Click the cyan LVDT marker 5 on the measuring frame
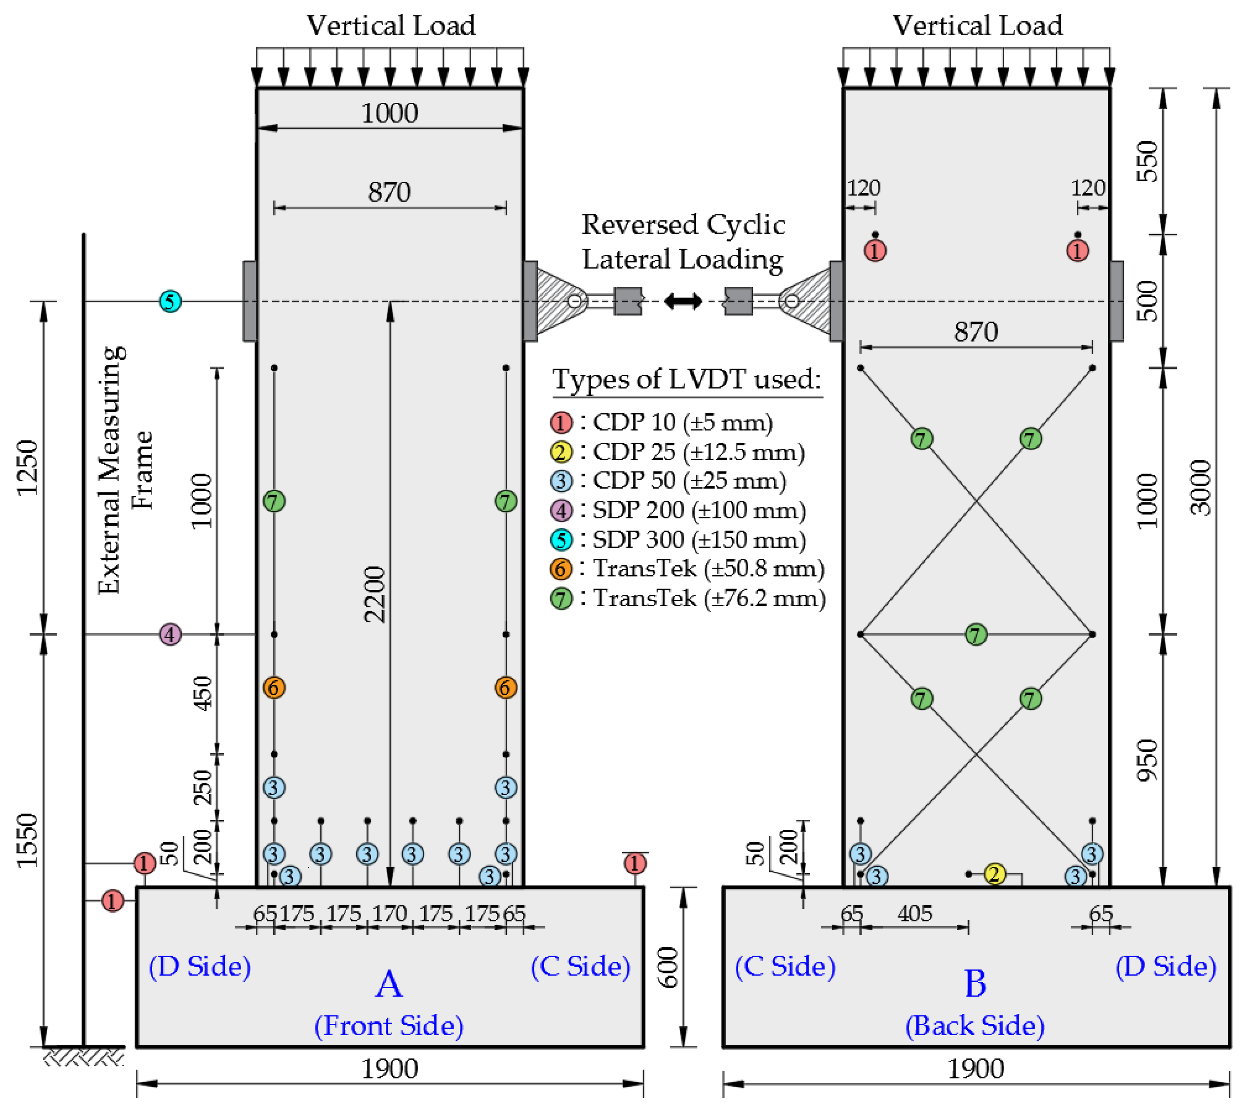point(170,302)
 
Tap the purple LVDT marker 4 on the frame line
point(170,634)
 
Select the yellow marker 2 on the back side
point(994,873)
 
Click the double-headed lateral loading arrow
point(683,302)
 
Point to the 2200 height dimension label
point(374,595)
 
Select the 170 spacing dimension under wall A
point(390,913)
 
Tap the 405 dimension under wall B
point(915,913)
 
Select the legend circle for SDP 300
point(561,539)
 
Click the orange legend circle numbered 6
point(561,569)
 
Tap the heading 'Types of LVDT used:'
point(687,379)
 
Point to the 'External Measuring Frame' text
point(125,470)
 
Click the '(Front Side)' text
point(389,1026)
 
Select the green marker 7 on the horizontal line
point(976,634)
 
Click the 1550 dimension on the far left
point(27,840)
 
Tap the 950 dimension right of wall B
point(1147,761)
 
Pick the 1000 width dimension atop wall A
point(390,113)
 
